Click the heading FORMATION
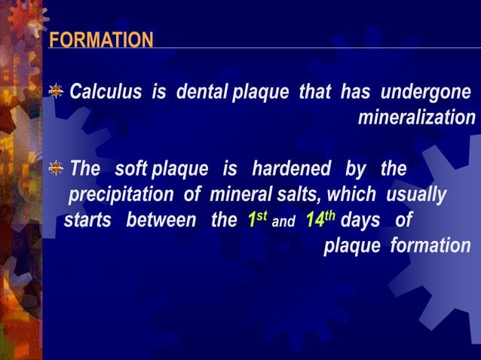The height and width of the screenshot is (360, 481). click(x=101, y=40)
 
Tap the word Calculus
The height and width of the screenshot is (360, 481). click(x=106, y=93)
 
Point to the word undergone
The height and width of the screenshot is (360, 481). click(x=427, y=93)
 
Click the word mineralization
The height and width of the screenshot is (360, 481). click(x=416, y=118)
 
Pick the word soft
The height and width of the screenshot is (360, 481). click(x=131, y=169)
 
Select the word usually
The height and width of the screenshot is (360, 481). click(x=417, y=195)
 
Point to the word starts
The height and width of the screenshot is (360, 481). click(x=88, y=221)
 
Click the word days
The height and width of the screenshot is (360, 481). click(x=360, y=221)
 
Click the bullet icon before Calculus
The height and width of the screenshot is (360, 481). click(x=56, y=92)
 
